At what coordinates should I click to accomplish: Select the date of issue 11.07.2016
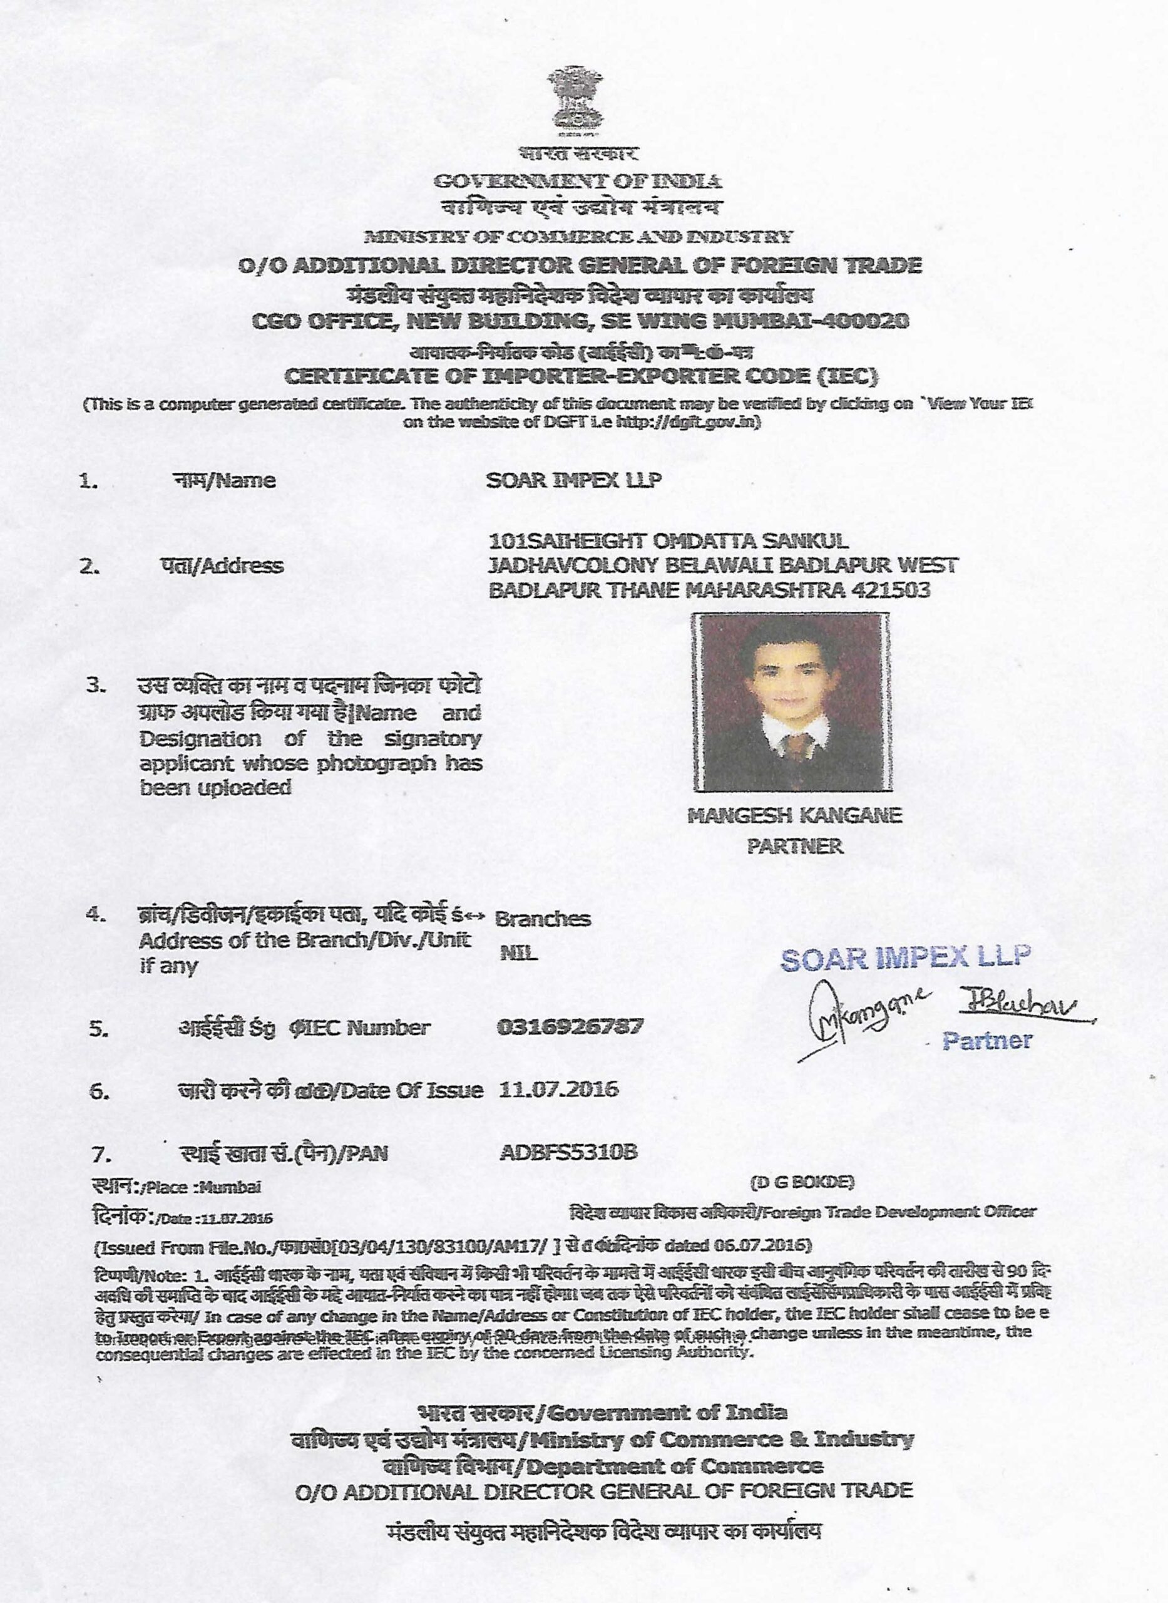[x=558, y=1088]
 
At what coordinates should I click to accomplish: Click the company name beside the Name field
[x=574, y=480]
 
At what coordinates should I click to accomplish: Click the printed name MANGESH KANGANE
[x=795, y=815]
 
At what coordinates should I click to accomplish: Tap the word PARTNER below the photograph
[x=795, y=846]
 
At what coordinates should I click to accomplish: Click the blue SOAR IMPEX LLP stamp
[x=906, y=957]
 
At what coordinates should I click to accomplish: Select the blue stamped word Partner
[x=987, y=1040]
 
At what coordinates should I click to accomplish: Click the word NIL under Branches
[x=519, y=953]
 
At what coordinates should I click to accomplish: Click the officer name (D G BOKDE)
[x=802, y=1182]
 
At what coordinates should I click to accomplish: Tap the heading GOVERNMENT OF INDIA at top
[x=578, y=181]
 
